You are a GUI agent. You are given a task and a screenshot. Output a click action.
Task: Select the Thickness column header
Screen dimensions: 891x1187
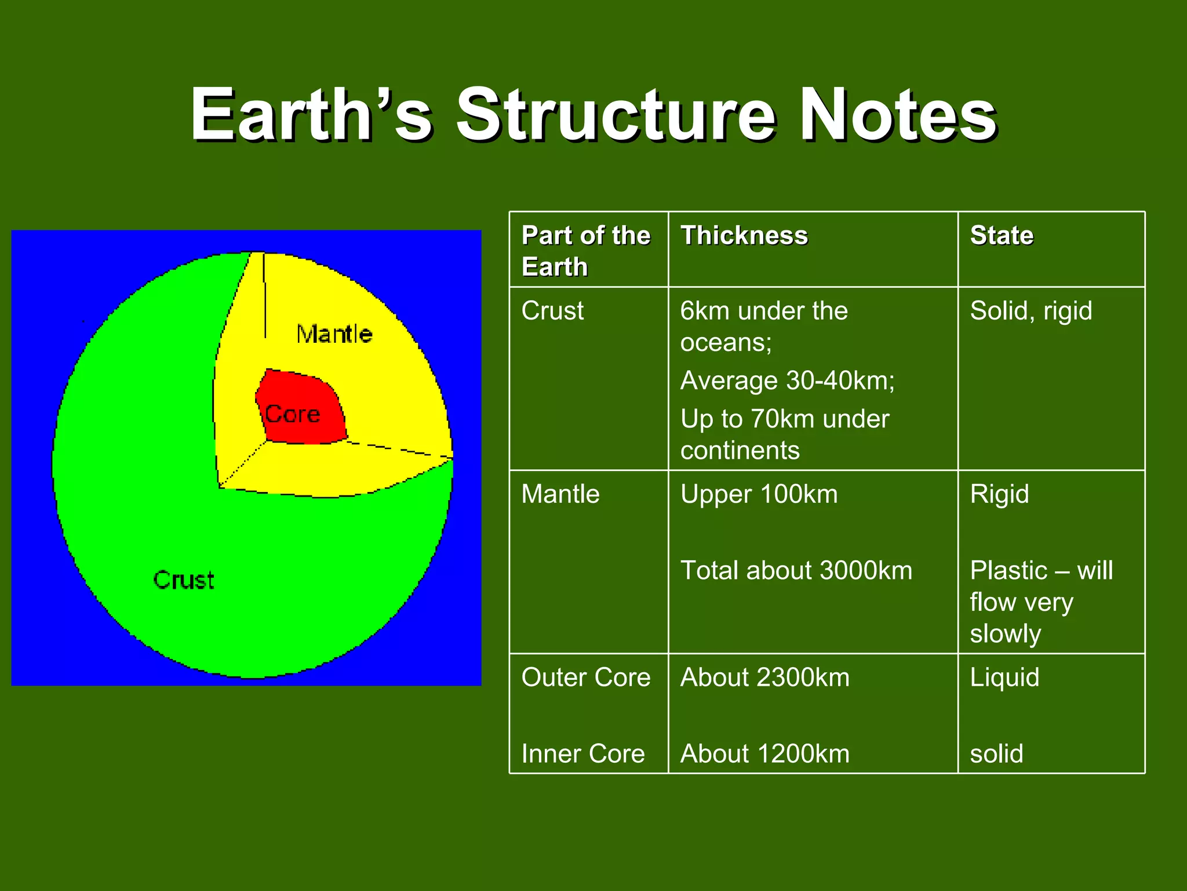[x=744, y=236]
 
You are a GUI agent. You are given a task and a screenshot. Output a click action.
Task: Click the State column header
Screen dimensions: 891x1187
[x=1002, y=236]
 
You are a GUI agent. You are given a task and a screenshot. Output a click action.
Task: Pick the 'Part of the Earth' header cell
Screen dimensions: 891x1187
[x=585, y=251]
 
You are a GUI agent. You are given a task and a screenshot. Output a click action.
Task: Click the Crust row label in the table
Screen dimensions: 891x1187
[x=552, y=311]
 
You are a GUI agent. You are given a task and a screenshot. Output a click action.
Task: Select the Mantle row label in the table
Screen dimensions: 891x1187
[x=560, y=494]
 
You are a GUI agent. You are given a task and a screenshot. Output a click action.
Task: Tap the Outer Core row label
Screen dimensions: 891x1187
[x=585, y=678]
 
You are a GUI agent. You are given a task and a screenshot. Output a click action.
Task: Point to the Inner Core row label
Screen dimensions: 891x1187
[x=582, y=754]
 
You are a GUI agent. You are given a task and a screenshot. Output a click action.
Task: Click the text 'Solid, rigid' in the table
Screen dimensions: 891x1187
[x=1031, y=311]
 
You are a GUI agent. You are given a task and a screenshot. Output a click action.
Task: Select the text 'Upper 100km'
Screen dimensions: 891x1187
[x=759, y=494]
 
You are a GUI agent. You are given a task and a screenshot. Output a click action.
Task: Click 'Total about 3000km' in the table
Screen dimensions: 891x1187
[x=796, y=571]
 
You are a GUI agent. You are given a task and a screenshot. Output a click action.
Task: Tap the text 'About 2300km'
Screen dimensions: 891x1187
[x=764, y=678]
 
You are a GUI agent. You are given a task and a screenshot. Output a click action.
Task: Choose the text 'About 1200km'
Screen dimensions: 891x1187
[x=764, y=754]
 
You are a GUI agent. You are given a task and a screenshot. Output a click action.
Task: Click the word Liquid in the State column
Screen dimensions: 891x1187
[x=1004, y=678]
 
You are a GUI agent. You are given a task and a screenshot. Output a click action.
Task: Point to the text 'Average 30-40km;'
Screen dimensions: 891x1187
[x=787, y=381]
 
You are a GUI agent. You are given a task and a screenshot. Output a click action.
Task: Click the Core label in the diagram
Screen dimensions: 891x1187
[x=293, y=414]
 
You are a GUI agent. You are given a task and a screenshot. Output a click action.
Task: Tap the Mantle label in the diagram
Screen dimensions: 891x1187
[x=334, y=334]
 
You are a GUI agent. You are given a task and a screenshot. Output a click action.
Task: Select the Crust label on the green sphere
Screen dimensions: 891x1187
[x=184, y=580]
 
